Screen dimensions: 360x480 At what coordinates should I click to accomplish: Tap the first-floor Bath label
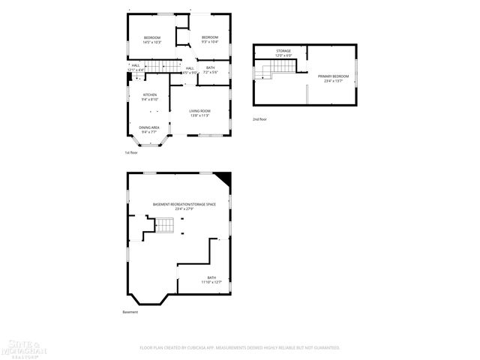(x=210, y=70)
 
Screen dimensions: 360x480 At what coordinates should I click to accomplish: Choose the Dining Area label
(x=149, y=129)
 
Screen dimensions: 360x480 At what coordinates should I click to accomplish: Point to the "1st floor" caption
(x=131, y=152)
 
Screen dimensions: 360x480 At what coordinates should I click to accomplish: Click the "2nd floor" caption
(x=259, y=118)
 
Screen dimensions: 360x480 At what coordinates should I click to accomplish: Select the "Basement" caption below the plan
(x=130, y=312)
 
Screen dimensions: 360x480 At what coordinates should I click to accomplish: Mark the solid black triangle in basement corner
(x=223, y=179)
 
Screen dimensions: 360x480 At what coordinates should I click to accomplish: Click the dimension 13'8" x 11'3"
(x=199, y=116)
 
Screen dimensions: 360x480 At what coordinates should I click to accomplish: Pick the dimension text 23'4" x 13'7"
(x=333, y=81)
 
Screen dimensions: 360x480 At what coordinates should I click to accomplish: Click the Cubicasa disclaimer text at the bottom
(x=240, y=347)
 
